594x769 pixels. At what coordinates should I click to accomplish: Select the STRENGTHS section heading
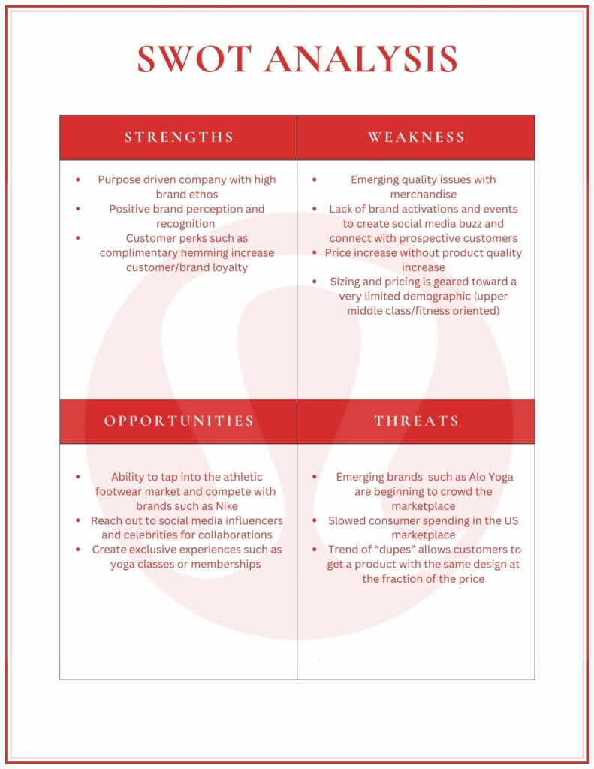pyautogui.click(x=179, y=137)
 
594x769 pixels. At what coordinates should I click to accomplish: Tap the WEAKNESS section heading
pyautogui.click(x=416, y=137)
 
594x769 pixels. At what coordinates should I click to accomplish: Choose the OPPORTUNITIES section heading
pyautogui.click(x=179, y=421)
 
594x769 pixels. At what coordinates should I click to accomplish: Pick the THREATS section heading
pyautogui.click(x=416, y=421)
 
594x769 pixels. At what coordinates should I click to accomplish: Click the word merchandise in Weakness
pyautogui.click(x=423, y=195)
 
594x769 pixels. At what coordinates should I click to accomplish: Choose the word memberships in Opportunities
pyautogui.click(x=225, y=564)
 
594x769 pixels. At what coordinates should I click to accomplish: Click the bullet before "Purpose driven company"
pyautogui.click(x=78, y=179)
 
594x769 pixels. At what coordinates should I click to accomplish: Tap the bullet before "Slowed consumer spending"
pyautogui.click(x=314, y=520)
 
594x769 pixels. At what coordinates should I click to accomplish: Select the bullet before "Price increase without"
pyautogui.click(x=314, y=253)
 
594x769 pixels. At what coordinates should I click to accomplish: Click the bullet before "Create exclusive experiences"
pyautogui.click(x=78, y=550)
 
